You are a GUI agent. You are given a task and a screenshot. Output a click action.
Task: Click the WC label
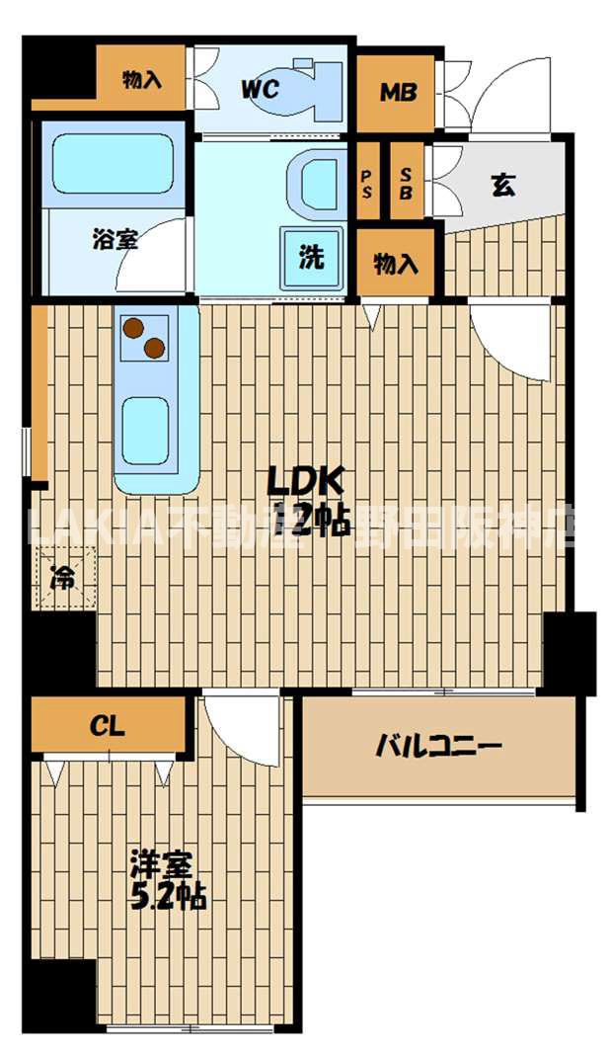(x=260, y=89)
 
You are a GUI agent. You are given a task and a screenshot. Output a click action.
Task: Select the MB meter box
(x=398, y=93)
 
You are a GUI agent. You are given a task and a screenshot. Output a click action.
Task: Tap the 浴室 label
(x=115, y=239)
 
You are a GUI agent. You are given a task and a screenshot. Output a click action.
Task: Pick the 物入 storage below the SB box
(x=396, y=264)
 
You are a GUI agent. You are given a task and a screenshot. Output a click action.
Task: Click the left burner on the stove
(x=133, y=328)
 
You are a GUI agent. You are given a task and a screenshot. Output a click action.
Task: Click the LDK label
(x=306, y=481)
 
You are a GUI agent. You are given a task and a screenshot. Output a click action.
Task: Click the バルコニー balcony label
(x=439, y=746)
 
